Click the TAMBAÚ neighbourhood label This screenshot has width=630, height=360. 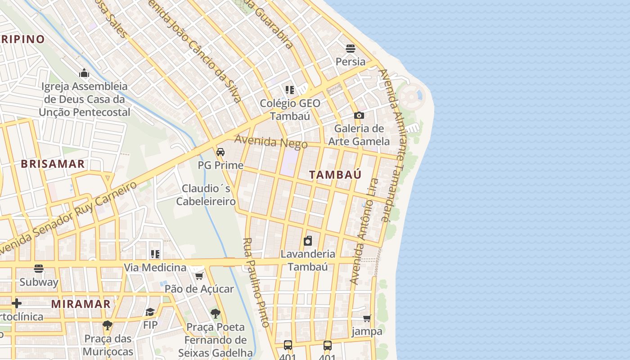[x=336, y=175]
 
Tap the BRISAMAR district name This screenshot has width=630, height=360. [x=53, y=164]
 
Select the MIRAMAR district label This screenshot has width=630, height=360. [x=81, y=304]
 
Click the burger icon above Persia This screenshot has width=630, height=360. [x=351, y=49]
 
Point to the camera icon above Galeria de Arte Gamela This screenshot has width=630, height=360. [x=359, y=116]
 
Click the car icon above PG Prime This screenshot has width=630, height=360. [x=220, y=152]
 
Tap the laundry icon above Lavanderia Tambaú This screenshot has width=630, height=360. [x=308, y=241]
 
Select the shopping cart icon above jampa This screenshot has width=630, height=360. [x=367, y=319]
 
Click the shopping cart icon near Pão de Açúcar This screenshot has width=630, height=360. [x=199, y=275]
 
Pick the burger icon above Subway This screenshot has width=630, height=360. [x=39, y=269]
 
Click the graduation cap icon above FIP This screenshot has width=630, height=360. [x=150, y=312]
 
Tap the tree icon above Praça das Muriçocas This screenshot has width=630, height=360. [x=108, y=325]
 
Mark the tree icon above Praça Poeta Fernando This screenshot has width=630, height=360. [x=216, y=313]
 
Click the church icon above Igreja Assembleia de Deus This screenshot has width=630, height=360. [x=84, y=73]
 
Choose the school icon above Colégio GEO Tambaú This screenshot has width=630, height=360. [x=290, y=90]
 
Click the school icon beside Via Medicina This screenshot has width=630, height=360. [x=155, y=255]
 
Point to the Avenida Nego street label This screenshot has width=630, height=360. [x=270, y=142]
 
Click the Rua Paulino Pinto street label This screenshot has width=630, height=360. [x=256, y=282]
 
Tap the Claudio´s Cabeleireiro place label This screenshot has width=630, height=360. [x=206, y=195]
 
